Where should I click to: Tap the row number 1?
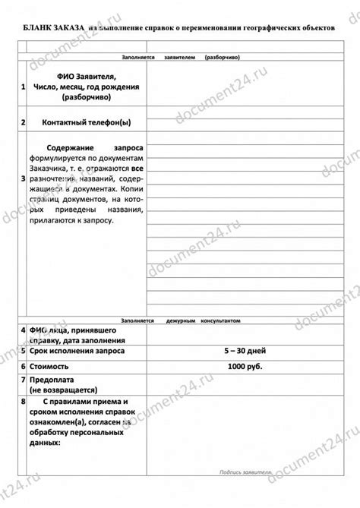(x=24, y=87)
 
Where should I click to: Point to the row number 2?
(x=24, y=121)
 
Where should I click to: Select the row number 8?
(x=24, y=400)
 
